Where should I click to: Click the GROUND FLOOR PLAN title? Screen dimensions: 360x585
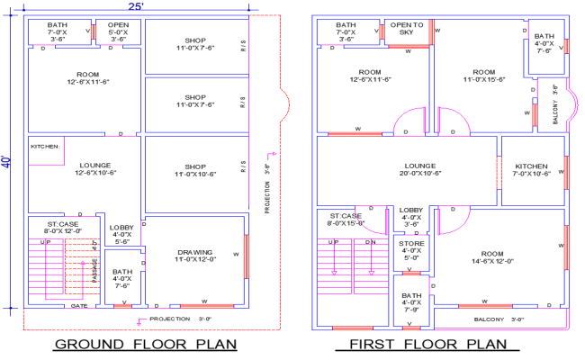click(x=146, y=345)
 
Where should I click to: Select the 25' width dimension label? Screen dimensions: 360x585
click(x=135, y=6)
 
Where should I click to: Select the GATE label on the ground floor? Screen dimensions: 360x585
click(x=80, y=306)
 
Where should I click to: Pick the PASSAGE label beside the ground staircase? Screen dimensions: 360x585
click(x=95, y=267)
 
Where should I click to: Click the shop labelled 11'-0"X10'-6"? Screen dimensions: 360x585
click(x=194, y=169)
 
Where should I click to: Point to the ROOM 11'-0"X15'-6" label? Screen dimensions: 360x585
click(x=483, y=76)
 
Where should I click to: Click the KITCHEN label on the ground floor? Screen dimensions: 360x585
click(x=45, y=146)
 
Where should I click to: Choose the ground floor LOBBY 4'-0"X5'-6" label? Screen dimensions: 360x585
click(x=121, y=235)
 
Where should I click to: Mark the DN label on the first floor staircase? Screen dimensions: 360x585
click(x=371, y=243)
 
